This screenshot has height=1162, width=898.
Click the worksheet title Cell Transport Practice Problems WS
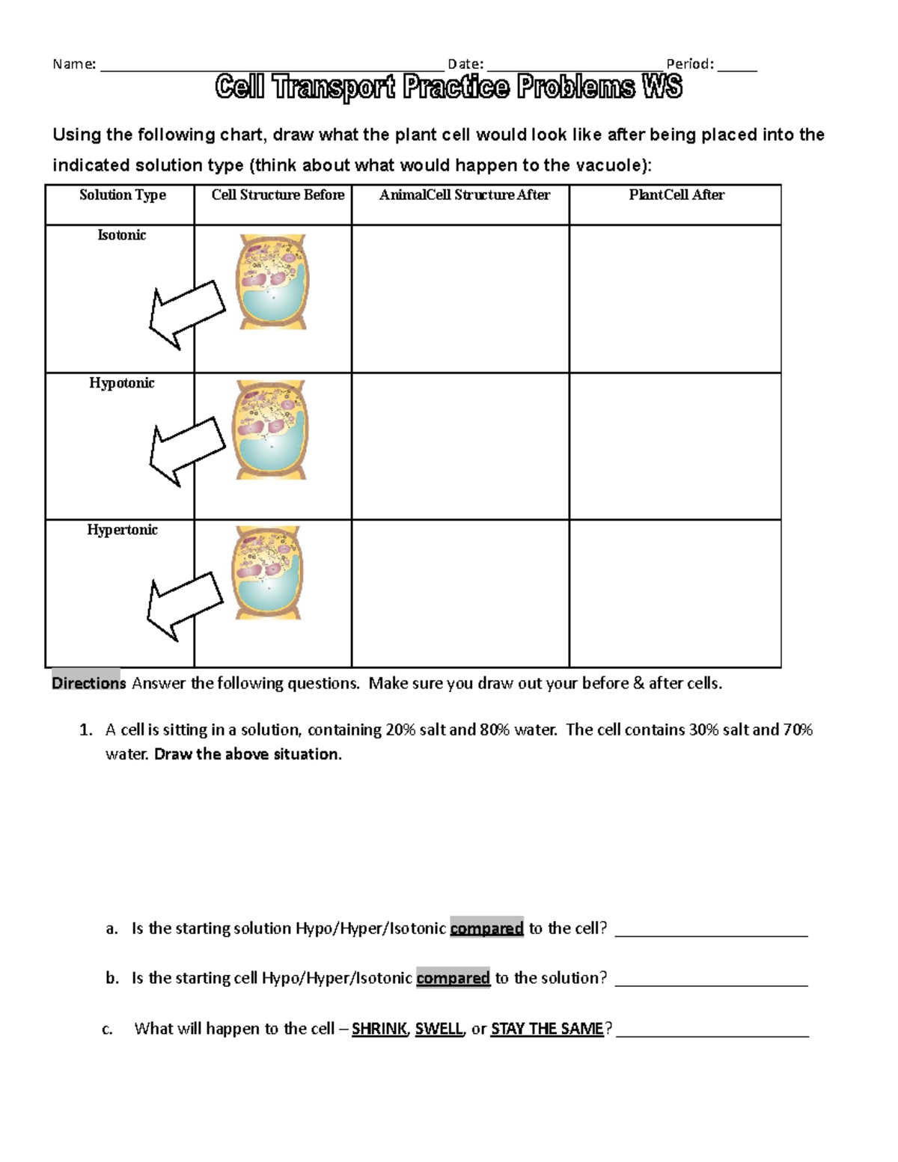[x=448, y=88]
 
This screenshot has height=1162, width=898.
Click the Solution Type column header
[x=123, y=195]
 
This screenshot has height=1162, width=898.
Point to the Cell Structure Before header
[x=278, y=195]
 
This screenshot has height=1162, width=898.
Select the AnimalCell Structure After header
[x=464, y=195]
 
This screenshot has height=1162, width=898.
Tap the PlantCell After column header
[x=676, y=195]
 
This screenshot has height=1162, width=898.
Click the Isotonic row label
[x=121, y=235]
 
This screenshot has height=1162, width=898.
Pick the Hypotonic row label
[x=121, y=383]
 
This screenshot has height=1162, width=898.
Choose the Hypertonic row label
[x=122, y=530]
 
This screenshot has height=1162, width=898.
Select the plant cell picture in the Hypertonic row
[x=269, y=573]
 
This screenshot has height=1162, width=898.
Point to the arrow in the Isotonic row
[x=186, y=314]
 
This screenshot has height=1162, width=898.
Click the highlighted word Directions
[x=88, y=683]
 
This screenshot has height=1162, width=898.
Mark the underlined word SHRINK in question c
[x=379, y=1029]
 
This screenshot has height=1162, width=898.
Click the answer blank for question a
[x=711, y=930]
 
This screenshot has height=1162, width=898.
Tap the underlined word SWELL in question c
[x=439, y=1029]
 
